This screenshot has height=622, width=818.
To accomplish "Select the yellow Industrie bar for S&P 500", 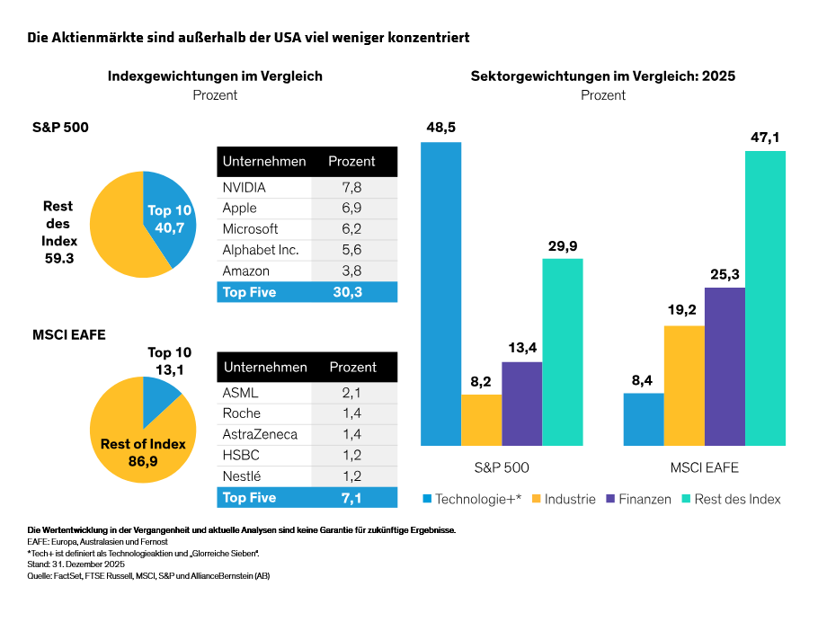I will click(x=481, y=420).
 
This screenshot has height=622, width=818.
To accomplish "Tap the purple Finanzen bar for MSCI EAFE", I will click(x=725, y=367).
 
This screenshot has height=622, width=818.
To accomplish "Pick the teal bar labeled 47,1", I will click(x=765, y=298).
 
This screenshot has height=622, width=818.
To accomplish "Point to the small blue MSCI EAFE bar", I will click(x=644, y=419).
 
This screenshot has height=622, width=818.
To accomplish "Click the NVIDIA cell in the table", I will click(x=245, y=188).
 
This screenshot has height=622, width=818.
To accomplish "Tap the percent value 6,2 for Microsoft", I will click(x=351, y=229).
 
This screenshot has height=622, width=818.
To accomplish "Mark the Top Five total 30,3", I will click(x=351, y=292).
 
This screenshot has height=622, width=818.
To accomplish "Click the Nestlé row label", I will click(x=243, y=475).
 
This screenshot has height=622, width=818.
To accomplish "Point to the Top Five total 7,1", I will click(x=351, y=497).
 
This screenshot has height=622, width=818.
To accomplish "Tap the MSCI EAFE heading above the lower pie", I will click(x=70, y=334).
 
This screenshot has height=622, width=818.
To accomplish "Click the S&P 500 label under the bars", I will click(x=502, y=467).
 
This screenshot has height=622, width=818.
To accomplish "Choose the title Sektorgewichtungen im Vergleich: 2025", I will click(x=602, y=76).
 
